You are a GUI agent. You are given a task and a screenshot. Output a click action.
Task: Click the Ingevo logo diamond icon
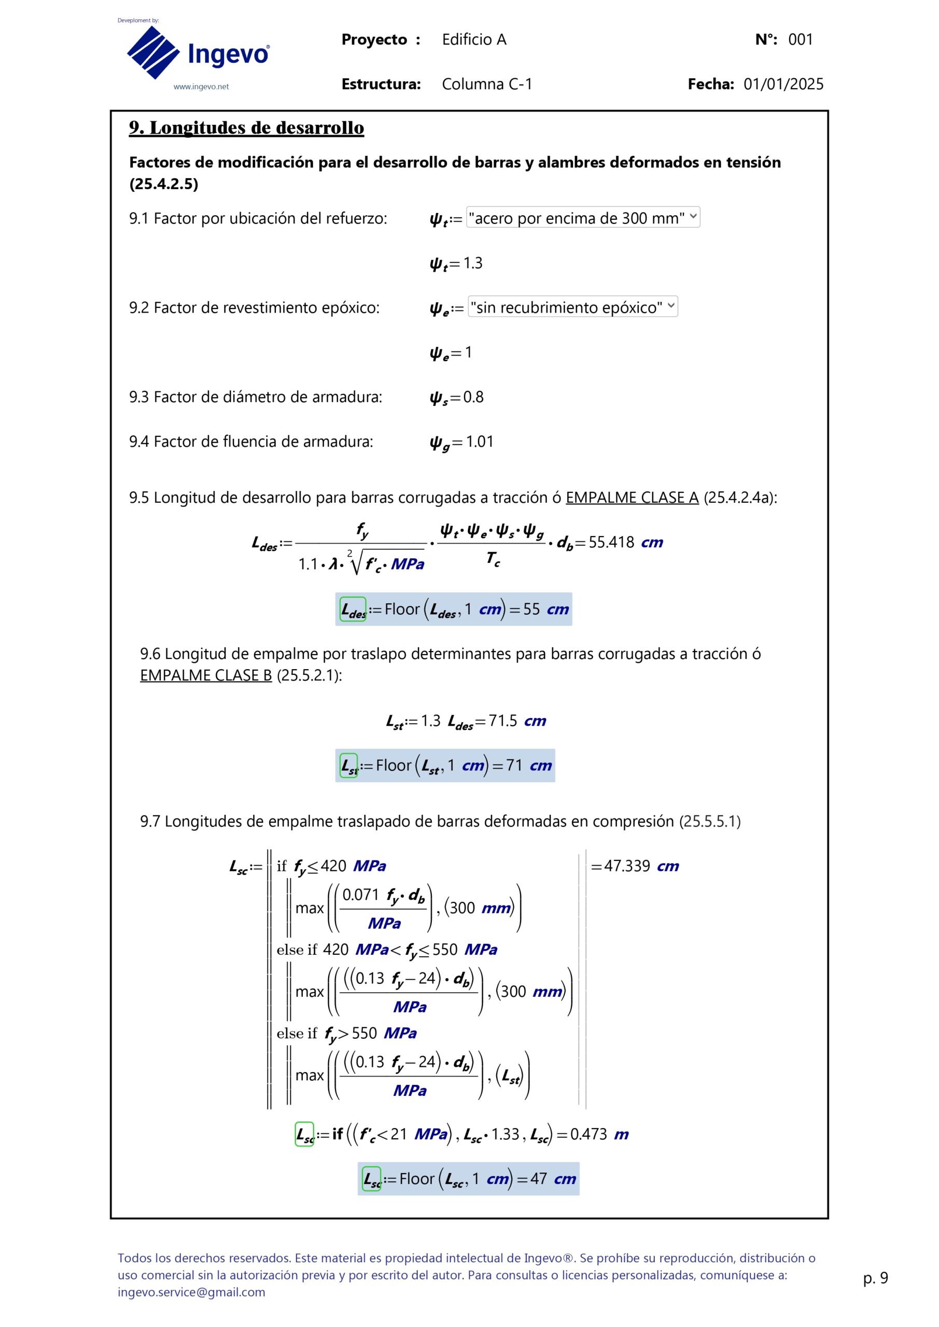coord(153,52)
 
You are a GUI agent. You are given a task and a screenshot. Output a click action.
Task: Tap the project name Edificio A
coord(474,39)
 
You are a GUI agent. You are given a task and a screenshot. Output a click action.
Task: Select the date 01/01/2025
coord(783,84)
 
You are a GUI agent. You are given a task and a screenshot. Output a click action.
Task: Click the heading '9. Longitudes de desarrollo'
coord(246,128)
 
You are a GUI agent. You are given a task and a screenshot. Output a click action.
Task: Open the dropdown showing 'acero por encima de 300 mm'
coord(583,218)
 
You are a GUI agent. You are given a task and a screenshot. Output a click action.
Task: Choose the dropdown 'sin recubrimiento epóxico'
coord(572,307)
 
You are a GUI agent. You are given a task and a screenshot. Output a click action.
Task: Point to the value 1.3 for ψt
coord(472,263)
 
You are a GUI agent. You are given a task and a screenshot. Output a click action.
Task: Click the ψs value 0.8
coord(473,397)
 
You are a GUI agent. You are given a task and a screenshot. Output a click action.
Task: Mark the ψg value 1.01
coord(479,442)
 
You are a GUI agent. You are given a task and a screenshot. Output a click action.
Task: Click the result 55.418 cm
coord(625,543)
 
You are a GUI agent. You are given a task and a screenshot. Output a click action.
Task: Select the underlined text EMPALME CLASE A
coord(632,498)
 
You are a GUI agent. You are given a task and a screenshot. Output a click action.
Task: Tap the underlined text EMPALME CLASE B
coord(206,675)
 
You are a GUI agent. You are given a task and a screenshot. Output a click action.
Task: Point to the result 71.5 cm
coord(517,721)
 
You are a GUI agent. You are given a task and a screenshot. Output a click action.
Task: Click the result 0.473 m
coord(599,1134)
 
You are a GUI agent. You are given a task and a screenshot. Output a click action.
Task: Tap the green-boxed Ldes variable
coord(353,609)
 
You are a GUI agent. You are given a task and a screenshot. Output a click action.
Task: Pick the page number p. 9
coord(875,1278)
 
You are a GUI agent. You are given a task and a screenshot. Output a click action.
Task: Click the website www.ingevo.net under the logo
coord(201,87)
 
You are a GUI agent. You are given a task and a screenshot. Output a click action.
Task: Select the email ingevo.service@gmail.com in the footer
coord(191,1292)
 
